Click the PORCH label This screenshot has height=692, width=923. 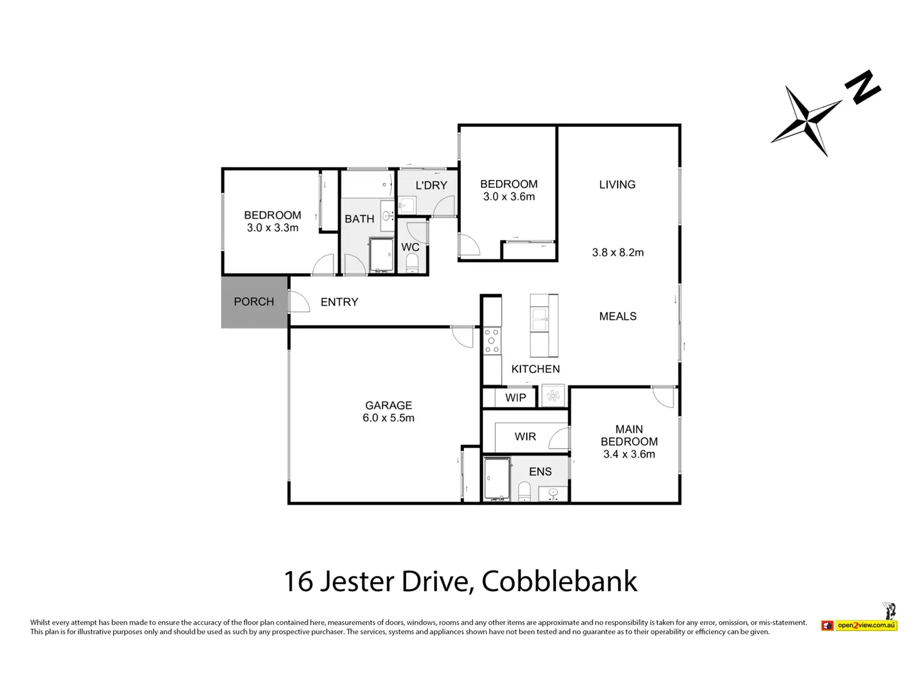(254, 301)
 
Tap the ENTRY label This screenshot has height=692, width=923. (339, 302)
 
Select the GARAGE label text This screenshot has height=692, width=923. (389, 406)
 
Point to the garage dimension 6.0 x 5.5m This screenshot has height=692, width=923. (389, 418)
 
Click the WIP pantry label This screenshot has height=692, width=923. (515, 398)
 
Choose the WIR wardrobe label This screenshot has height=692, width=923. (525, 437)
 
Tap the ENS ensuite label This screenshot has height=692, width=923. (541, 472)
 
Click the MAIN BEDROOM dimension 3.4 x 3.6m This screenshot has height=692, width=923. (629, 454)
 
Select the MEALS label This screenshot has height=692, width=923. (618, 317)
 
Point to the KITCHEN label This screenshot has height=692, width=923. (535, 369)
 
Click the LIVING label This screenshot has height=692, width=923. (617, 184)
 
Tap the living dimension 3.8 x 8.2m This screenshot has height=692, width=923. (618, 253)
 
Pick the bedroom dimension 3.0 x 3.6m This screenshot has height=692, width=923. (509, 197)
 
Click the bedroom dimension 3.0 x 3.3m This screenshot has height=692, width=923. (273, 228)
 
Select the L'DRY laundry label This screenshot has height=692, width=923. (431, 186)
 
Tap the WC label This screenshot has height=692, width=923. (410, 247)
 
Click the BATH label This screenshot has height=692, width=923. (359, 219)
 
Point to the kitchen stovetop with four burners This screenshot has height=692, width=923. (492, 341)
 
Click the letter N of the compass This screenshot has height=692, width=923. (863, 88)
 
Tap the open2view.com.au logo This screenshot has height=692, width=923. (866, 626)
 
